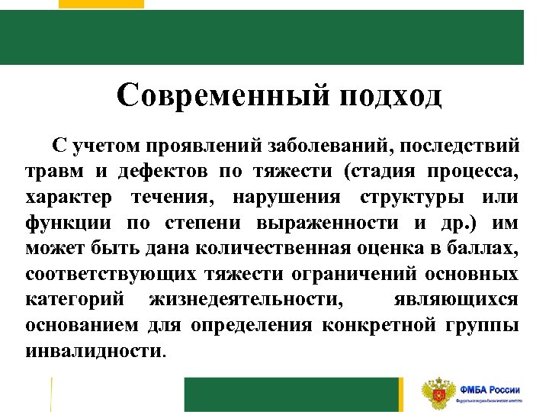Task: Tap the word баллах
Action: (x=484, y=248)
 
